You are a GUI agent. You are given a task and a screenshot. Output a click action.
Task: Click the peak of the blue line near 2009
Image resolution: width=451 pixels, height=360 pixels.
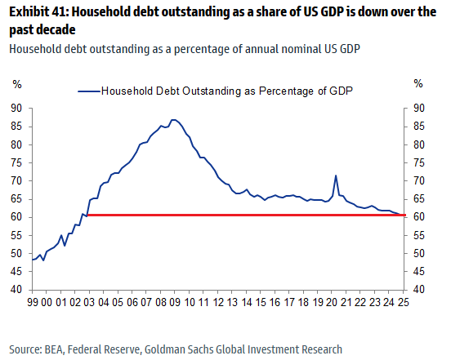173,120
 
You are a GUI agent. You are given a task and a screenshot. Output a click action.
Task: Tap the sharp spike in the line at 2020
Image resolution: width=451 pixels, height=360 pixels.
336,176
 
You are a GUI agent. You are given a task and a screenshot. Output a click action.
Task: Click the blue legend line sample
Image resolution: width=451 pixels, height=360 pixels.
89,91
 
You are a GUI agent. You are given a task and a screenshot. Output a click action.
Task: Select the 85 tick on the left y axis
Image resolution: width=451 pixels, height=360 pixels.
16,127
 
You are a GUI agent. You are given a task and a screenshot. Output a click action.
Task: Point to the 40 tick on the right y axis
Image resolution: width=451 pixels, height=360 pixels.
419,289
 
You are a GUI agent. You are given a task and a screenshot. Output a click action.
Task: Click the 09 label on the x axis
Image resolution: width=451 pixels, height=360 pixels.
175,302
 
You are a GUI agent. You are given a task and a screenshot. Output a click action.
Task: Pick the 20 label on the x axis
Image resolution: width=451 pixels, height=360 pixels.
332,302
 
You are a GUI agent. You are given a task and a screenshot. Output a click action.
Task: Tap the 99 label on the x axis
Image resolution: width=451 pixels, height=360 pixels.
33,302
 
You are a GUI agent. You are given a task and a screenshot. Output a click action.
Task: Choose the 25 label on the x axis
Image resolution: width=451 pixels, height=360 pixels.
403,302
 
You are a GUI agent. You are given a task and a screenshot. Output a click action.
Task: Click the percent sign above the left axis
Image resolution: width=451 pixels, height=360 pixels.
17,84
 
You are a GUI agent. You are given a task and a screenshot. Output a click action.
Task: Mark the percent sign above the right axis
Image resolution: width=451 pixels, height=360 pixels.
418,83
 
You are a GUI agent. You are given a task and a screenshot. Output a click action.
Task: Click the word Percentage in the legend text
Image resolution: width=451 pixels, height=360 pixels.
286,91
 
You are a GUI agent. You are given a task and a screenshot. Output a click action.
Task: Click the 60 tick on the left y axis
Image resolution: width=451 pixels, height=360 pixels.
16,217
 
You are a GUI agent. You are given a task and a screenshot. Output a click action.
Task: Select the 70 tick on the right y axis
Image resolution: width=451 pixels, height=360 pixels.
419,180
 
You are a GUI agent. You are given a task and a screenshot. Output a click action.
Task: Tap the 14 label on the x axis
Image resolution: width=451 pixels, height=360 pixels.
246,302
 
